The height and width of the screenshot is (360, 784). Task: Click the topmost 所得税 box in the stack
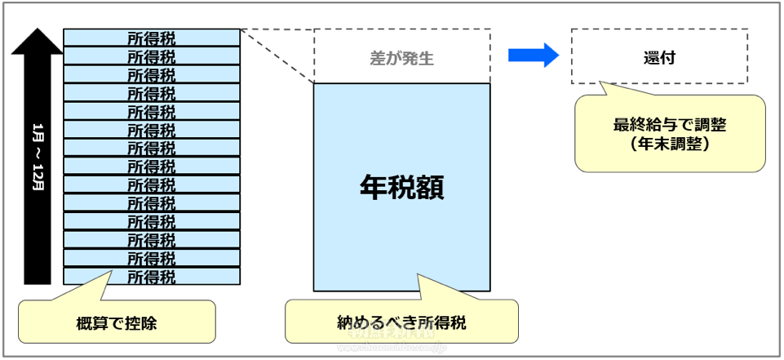point(152,38)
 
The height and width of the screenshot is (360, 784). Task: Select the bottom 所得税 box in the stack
point(152,276)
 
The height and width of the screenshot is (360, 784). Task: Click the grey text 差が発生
point(401,58)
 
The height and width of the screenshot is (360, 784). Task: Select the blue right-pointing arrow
point(533,56)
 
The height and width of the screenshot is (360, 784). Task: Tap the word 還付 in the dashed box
point(658,58)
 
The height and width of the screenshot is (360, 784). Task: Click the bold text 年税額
point(401,188)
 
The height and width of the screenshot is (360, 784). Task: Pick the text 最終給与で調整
point(670,127)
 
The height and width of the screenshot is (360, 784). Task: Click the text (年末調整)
point(670,144)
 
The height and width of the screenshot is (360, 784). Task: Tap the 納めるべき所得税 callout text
point(401,322)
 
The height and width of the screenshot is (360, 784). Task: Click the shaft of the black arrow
point(38,204)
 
